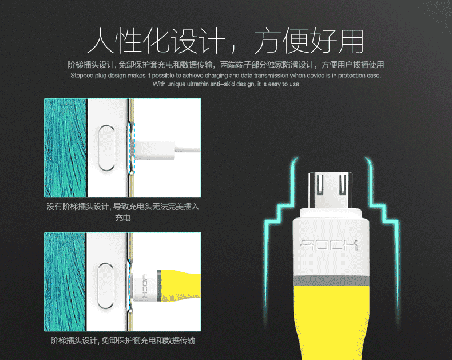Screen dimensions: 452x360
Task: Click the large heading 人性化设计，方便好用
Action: pos(225,41)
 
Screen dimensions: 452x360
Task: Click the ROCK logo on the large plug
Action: pos(329,245)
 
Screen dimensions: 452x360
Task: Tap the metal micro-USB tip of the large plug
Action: pos(330,191)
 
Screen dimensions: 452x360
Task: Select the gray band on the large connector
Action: pos(331,281)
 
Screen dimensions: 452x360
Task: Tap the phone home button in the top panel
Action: pos(106,148)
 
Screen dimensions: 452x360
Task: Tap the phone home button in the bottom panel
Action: pos(106,286)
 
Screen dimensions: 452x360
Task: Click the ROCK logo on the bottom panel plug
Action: pos(145,286)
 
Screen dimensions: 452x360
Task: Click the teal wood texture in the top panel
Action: pos(65,148)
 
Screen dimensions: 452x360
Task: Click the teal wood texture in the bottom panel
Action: pos(65,282)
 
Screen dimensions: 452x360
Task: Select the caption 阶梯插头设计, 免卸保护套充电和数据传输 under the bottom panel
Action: pos(123,341)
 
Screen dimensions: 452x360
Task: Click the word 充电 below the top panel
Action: pos(123,218)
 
